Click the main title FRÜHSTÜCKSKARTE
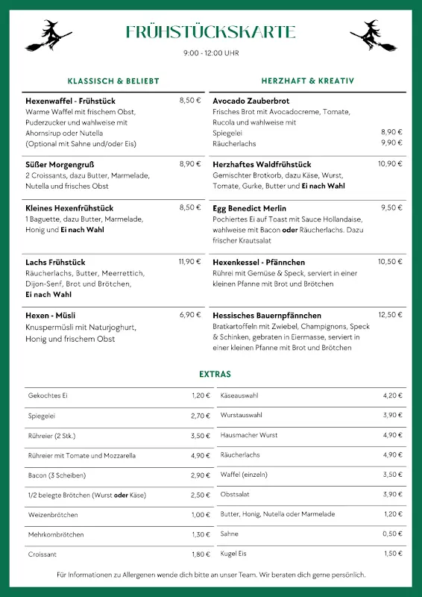click(x=211, y=32)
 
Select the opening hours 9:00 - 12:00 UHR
click(x=211, y=53)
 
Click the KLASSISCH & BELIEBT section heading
click(x=113, y=81)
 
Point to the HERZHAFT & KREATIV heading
click(x=307, y=81)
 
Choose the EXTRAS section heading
click(x=215, y=374)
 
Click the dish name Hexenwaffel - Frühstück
click(x=70, y=101)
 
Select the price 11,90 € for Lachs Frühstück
click(x=189, y=262)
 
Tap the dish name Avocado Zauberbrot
click(x=251, y=101)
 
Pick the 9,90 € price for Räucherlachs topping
click(x=391, y=143)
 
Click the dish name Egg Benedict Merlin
click(x=249, y=208)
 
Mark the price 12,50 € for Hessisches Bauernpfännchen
click(x=390, y=315)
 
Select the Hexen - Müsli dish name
click(x=50, y=316)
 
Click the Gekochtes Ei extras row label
click(x=48, y=396)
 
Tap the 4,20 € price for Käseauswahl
click(x=392, y=396)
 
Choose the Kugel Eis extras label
click(x=233, y=554)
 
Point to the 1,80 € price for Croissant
click(x=201, y=554)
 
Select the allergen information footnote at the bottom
click(x=211, y=575)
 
